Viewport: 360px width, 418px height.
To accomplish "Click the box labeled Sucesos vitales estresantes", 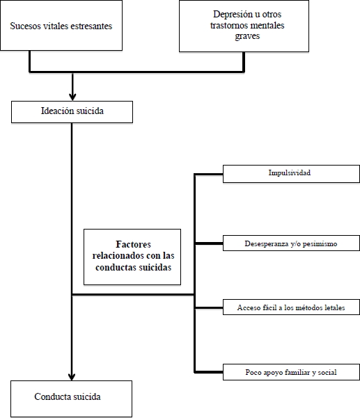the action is [61, 25].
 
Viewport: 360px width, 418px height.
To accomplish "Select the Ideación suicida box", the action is [72, 112].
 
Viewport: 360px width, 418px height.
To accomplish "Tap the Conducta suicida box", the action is [71, 399].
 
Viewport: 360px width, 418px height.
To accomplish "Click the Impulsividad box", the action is [291, 174].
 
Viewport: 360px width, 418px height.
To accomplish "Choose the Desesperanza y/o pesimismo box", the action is [291, 243].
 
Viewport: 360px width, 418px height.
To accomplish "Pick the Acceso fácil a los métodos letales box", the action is [291, 307].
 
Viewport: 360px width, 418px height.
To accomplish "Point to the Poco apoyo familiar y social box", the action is [291, 372].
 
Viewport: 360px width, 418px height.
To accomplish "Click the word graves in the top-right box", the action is [247, 36].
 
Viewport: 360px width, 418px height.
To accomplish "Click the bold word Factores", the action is [133, 244].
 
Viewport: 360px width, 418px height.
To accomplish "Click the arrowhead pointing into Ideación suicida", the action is [72, 97].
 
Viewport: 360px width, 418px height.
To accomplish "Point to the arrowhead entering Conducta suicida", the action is [72, 377].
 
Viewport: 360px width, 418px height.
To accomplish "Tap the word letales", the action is [335, 307].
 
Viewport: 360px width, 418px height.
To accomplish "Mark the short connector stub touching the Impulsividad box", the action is [209, 175].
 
